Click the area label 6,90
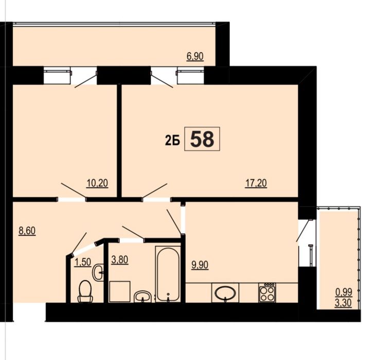[x=195, y=57]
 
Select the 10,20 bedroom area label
[x=97, y=183]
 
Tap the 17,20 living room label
[x=256, y=183]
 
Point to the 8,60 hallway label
[x=27, y=231]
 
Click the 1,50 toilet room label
[x=83, y=262]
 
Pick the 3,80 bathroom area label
[x=119, y=260]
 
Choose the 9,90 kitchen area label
[x=200, y=265]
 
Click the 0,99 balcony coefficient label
[x=344, y=293]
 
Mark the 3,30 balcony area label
[x=343, y=303]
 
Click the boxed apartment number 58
[x=202, y=139]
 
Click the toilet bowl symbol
[x=85, y=291]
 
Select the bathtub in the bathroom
[x=168, y=274]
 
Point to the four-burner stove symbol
[x=266, y=293]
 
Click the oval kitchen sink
[x=225, y=293]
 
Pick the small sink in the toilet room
[x=98, y=272]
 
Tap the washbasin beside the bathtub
[x=143, y=296]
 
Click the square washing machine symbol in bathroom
[x=119, y=292]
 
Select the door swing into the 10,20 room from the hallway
[x=74, y=191]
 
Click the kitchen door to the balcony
[x=303, y=230]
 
